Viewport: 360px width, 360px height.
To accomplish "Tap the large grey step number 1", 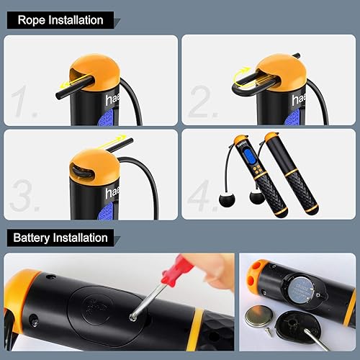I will click(27, 102).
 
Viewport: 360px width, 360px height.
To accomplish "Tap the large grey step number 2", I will click(203, 102).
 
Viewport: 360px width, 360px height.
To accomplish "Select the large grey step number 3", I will click(27, 196).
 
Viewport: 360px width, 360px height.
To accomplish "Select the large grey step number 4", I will click(203, 196).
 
